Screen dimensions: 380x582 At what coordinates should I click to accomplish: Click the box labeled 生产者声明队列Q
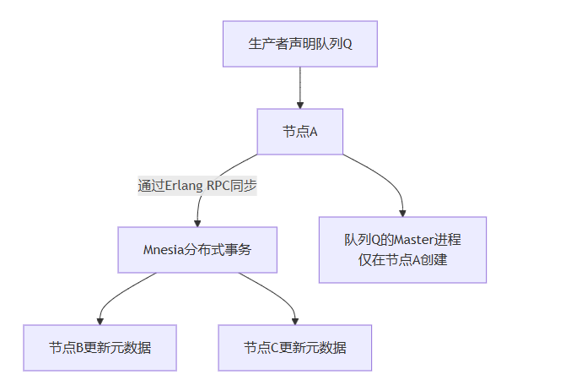[299, 43]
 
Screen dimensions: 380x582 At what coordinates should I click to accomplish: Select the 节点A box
[299, 131]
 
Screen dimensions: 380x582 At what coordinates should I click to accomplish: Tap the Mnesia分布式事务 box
[197, 249]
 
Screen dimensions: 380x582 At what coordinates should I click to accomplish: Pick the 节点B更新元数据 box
[100, 347]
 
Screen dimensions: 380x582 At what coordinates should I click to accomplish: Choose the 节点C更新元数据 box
[294, 347]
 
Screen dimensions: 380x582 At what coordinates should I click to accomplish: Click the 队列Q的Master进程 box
[402, 249]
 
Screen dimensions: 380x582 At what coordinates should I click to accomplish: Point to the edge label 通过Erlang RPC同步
[197, 186]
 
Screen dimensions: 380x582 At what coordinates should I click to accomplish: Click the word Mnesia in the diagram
[164, 249]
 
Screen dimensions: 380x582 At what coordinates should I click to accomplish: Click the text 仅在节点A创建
[402, 260]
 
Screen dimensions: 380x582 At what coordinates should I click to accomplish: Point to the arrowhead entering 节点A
[299, 105]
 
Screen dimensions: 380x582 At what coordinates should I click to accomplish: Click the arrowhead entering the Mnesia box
[197, 223]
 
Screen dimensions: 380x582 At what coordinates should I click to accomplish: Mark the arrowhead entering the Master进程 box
[402, 213]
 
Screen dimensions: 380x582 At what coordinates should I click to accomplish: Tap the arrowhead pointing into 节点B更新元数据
[100, 321]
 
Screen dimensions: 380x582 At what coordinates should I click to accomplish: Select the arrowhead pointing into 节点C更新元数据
[294, 321]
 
